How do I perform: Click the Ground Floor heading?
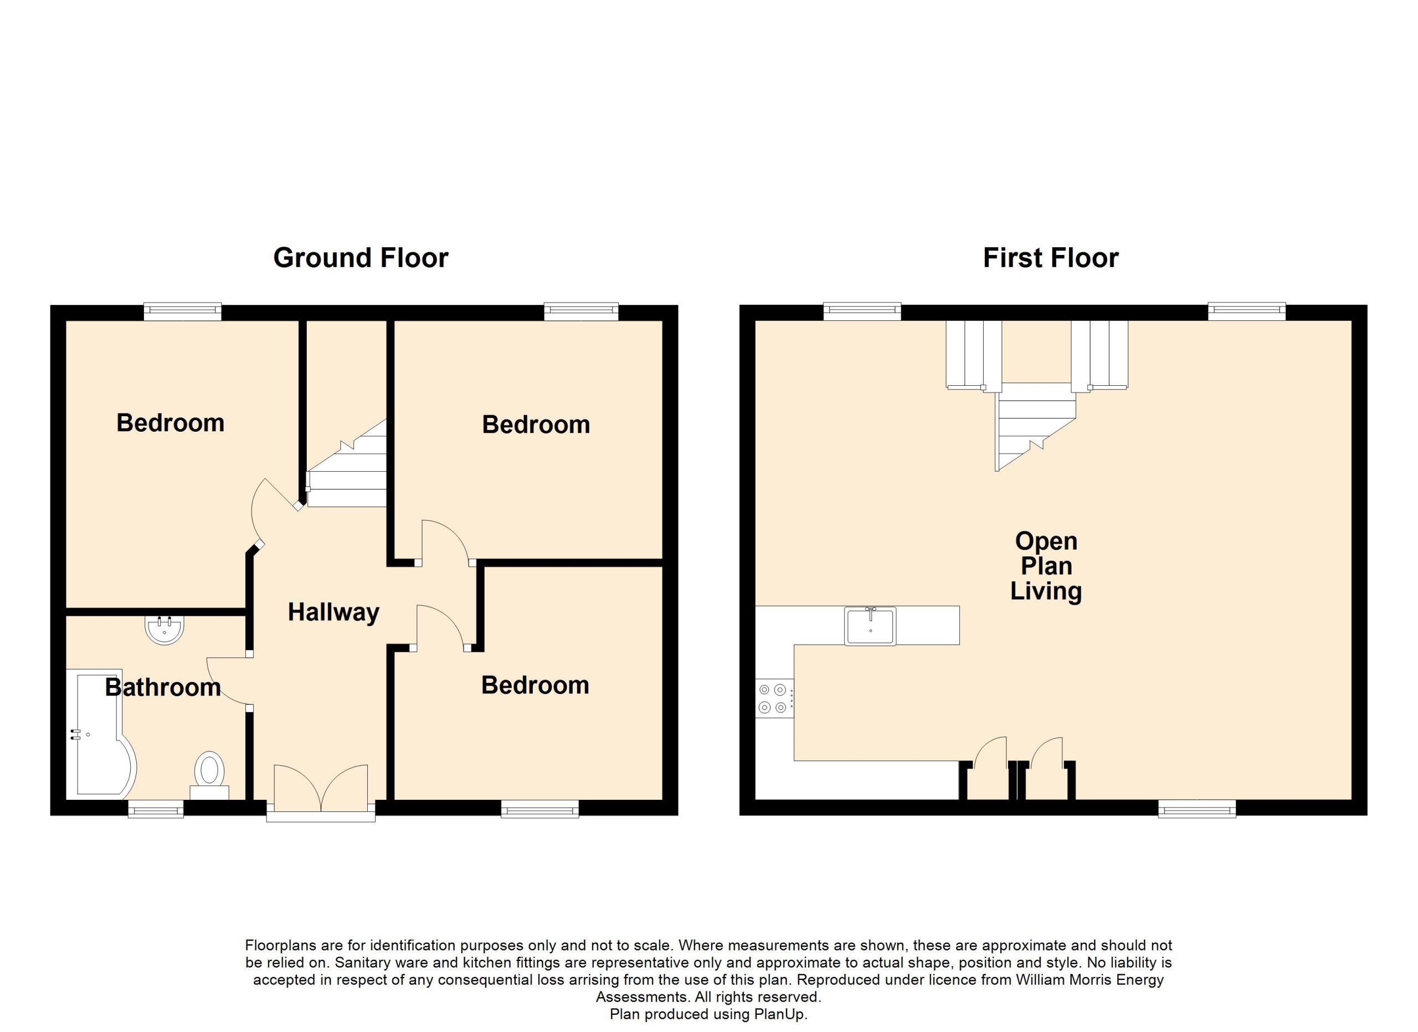pyautogui.click(x=361, y=258)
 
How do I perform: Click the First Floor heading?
pyautogui.click(x=1050, y=258)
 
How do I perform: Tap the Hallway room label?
pyautogui.click(x=333, y=612)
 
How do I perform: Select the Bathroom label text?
pyautogui.click(x=162, y=687)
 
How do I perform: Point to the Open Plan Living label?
pyautogui.click(x=1046, y=566)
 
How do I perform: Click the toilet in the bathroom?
pyautogui.click(x=209, y=775)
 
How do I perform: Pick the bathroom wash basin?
pyautogui.click(x=165, y=630)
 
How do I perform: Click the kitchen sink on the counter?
pyautogui.click(x=870, y=625)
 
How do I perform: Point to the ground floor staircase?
pyautogui.click(x=346, y=463)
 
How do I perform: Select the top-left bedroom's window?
pyautogui.click(x=183, y=311)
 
